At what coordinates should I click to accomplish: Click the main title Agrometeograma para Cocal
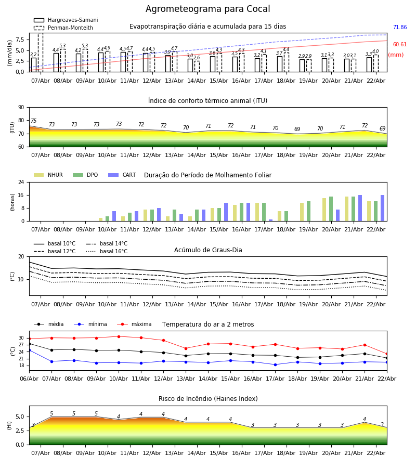point(207,9)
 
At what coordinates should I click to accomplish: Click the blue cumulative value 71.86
point(399,28)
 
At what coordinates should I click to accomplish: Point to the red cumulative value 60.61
point(399,45)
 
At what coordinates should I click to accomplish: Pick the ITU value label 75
point(34,121)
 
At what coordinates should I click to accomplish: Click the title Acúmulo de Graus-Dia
point(208,251)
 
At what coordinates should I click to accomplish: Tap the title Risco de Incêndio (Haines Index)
point(208,399)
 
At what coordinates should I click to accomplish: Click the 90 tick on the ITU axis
point(21,108)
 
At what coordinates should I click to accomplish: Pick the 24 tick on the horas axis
point(21,183)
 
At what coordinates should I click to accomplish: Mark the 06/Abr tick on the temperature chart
point(29,378)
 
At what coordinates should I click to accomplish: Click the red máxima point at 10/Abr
point(119,336)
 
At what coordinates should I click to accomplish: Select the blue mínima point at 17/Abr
point(275,365)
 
